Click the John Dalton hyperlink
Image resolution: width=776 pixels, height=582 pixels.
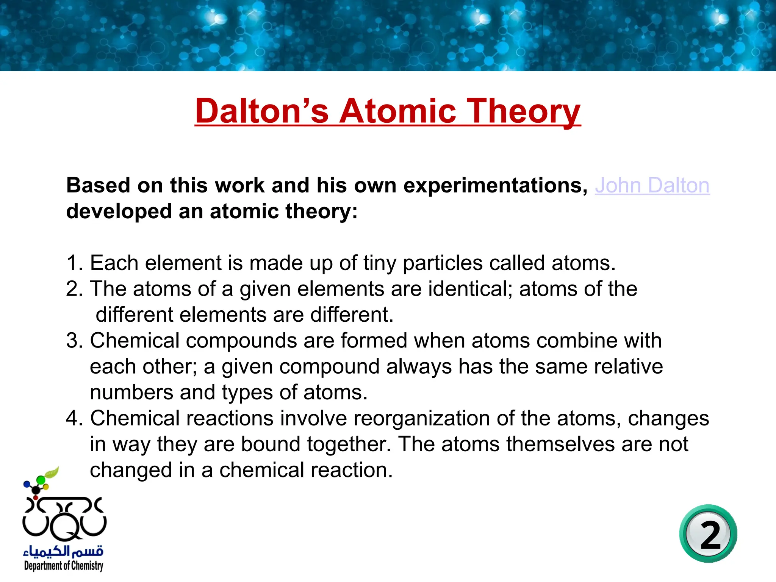pyautogui.click(x=652, y=186)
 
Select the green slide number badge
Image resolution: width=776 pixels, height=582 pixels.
pyautogui.click(x=708, y=533)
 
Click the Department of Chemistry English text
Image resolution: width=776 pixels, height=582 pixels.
pyautogui.click(x=64, y=566)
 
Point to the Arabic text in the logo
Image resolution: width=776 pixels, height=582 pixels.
pyautogui.click(x=63, y=550)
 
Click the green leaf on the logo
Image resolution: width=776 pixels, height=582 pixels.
pyautogui.click(x=52, y=472)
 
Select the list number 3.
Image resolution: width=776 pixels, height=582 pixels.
pyautogui.click(x=74, y=341)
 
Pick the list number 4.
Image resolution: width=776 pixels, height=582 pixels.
pyautogui.click(x=74, y=418)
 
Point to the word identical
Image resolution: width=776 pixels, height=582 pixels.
pyautogui.click(x=470, y=289)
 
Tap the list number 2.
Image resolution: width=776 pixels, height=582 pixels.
pyautogui.click(x=74, y=289)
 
